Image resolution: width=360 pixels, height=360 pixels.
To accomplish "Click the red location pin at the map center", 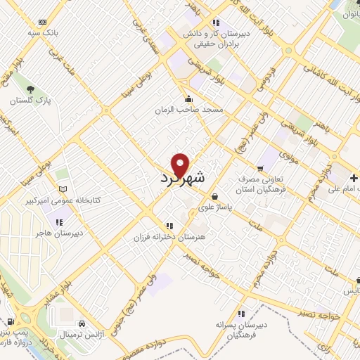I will [x=181, y=165].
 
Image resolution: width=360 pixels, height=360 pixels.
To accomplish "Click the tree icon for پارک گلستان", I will [x=30, y=89].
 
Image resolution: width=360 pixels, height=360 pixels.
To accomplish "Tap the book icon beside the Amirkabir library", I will [x=64, y=189].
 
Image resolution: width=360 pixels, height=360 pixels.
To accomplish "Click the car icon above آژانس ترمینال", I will [x=82, y=323].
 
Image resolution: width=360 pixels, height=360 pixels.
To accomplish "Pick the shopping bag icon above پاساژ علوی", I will [x=214, y=197].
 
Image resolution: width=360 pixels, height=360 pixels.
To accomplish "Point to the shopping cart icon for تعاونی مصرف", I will [x=259, y=169].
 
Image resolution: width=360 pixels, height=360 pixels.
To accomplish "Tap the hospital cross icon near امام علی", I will [x=353, y=176].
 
